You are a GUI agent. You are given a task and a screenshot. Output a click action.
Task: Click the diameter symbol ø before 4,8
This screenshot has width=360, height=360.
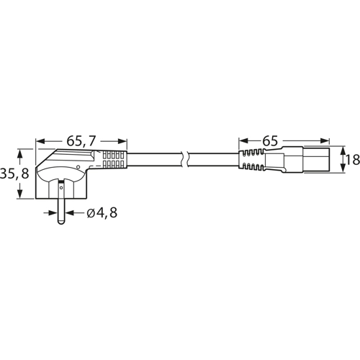coord(90,213)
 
